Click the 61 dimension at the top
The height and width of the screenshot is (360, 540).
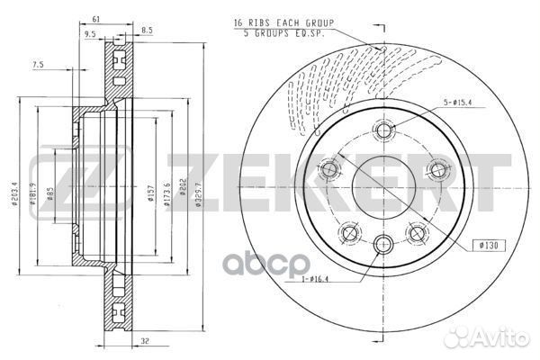(x=95, y=19)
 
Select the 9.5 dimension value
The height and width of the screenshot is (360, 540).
(x=90, y=34)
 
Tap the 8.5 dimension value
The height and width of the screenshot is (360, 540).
(x=147, y=31)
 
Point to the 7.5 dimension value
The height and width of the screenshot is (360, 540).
(x=38, y=65)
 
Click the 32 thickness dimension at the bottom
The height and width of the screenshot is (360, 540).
(x=145, y=341)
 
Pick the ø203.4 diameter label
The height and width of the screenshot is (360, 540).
(x=14, y=193)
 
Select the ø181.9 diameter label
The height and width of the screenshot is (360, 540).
(x=33, y=193)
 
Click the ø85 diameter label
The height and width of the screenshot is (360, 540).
(x=50, y=194)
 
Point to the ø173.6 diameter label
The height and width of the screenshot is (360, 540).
(x=167, y=194)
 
